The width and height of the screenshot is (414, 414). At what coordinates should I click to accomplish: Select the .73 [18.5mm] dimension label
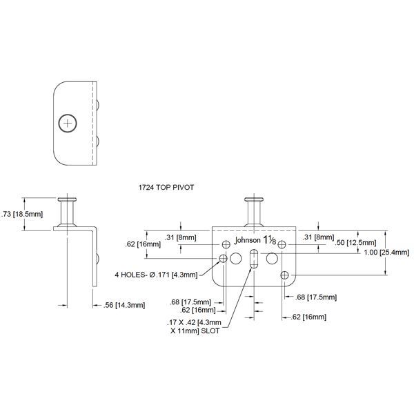coord(23,214)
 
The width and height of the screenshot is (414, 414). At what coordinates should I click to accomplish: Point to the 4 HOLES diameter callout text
coord(156,275)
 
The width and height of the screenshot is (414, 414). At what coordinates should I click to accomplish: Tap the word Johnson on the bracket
coord(248,241)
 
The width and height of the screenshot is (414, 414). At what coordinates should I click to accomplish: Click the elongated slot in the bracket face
coord(253,261)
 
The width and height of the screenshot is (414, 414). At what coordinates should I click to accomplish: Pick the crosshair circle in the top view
coord(67,123)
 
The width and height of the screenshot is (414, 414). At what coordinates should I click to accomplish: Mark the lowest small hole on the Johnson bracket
coord(285,275)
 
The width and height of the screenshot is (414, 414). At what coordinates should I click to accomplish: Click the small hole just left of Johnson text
coord(226,244)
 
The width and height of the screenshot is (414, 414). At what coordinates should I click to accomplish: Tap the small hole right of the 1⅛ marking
coord(282,244)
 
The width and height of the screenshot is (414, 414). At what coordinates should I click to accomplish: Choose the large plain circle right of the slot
coord(272,259)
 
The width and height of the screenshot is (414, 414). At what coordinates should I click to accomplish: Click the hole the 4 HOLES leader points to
coord(223,259)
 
